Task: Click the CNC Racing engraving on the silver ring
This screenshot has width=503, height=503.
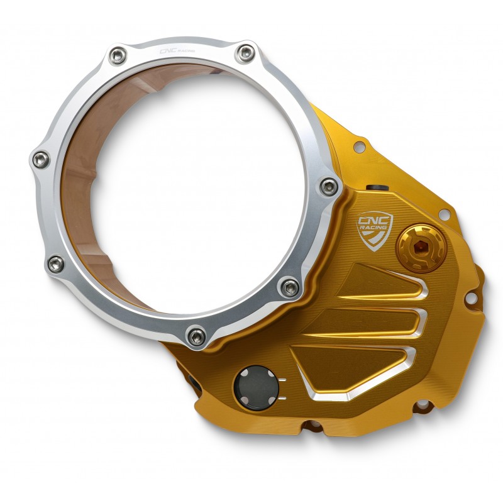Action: [177, 51]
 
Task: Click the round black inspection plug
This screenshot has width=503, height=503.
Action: [256, 388]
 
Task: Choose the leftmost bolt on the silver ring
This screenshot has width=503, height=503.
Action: [41, 160]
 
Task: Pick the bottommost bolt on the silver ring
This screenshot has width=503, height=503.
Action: [196, 336]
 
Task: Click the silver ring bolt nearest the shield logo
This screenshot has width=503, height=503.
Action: [329, 186]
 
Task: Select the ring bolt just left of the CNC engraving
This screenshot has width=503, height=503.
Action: [117, 56]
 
